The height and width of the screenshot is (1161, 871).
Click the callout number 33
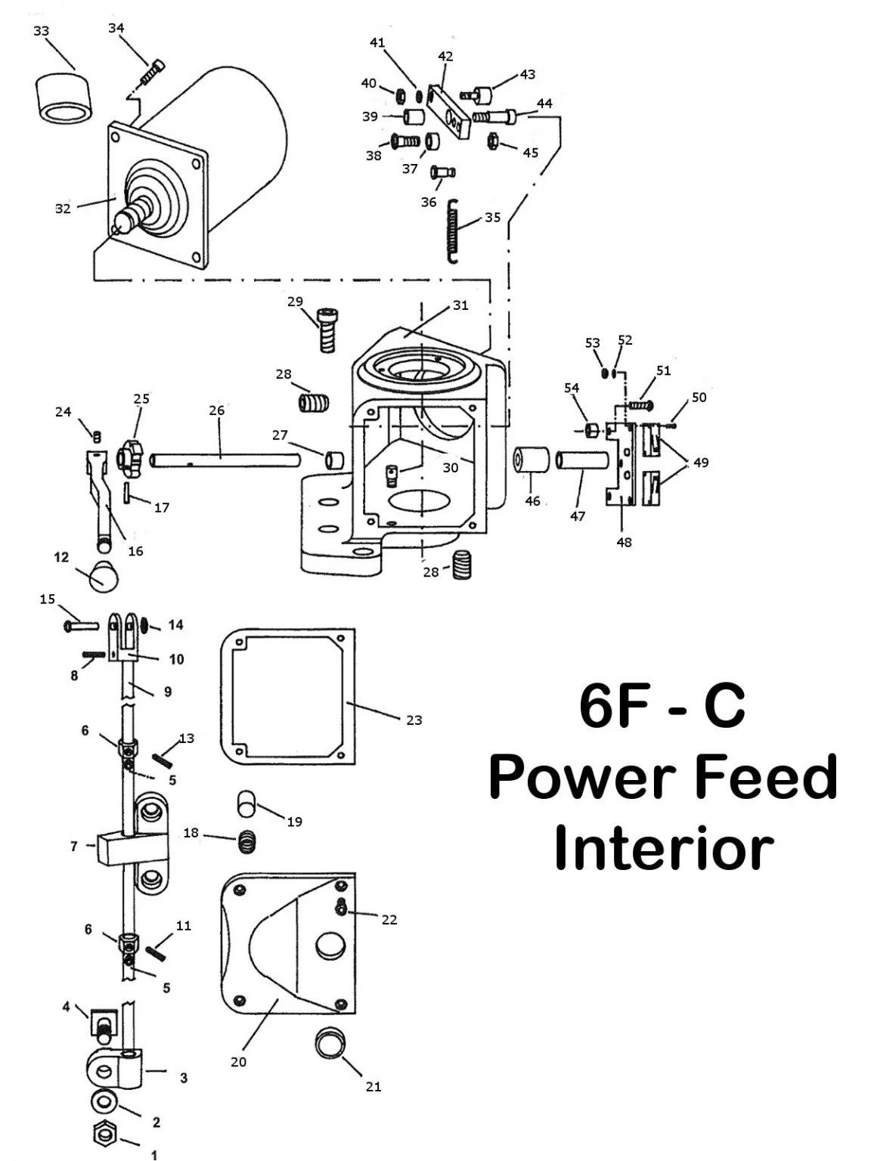42,31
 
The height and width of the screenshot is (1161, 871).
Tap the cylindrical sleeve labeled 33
64,98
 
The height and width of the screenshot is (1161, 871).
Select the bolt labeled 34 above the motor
150,73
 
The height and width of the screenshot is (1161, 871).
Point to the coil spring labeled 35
454,231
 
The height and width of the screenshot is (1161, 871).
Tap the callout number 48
624,542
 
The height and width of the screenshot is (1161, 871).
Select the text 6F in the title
611,707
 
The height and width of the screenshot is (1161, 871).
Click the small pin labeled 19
246,803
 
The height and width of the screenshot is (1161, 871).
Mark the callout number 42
445,56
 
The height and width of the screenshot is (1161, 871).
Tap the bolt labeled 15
81,625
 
